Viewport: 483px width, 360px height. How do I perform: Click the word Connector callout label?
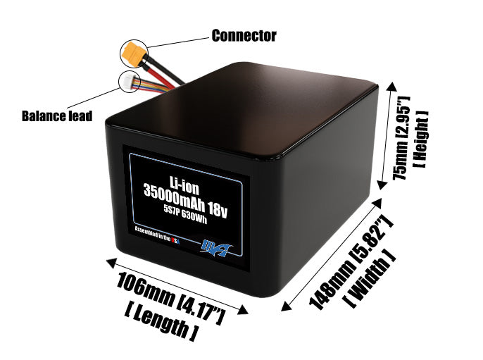tap(244, 35)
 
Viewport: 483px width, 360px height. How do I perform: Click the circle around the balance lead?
tap(130, 82)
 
